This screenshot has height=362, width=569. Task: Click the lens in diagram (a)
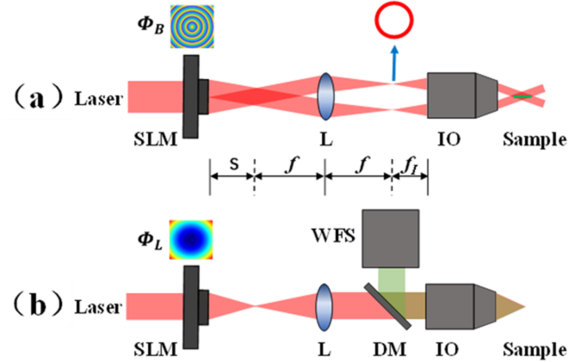click(325, 95)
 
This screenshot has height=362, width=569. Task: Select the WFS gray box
click(392, 236)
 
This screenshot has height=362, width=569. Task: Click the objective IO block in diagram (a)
click(456, 95)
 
